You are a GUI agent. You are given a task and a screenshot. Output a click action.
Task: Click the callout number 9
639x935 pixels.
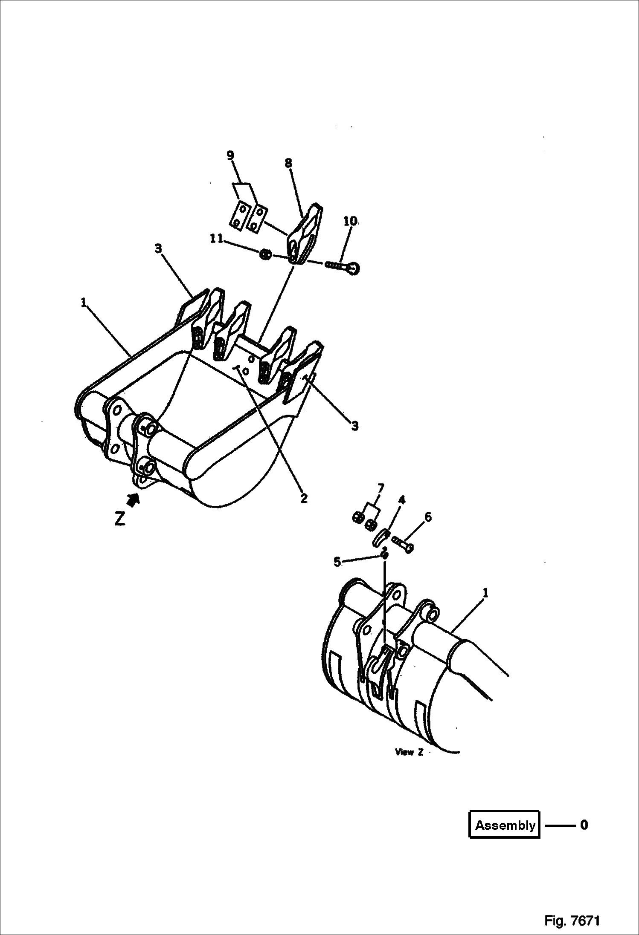(230, 156)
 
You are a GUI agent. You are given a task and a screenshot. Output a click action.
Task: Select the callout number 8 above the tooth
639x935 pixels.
(288, 163)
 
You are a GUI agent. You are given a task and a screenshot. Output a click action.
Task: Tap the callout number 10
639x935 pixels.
(350, 221)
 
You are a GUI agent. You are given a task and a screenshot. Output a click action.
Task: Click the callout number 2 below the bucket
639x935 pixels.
(304, 498)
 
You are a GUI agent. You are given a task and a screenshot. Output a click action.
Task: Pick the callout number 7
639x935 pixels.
(380, 488)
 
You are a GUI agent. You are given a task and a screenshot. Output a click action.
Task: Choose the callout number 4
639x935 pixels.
(402, 500)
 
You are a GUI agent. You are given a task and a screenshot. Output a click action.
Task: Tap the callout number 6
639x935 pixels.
(428, 517)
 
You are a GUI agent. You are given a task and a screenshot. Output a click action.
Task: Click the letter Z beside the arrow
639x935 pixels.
(120, 518)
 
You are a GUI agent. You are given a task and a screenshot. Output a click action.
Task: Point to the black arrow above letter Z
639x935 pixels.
(134, 499)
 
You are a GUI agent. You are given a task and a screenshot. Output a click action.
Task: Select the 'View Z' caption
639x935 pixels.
(409, 752)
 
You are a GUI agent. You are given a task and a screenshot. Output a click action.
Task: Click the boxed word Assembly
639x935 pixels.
(505, 825)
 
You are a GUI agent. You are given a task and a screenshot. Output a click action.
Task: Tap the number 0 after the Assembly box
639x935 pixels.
(584, 825)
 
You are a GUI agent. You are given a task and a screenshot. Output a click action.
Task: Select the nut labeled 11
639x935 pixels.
(265, 255)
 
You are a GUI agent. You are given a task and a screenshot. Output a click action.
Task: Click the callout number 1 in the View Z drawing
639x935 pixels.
(485, 593)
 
